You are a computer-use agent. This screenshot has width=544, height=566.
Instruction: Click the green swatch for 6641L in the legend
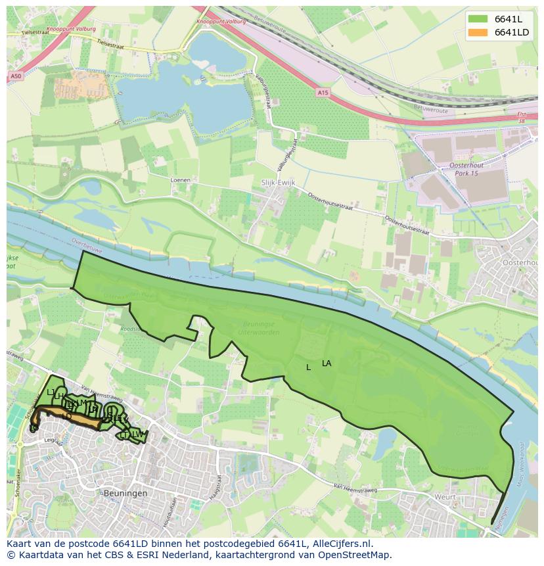(478, 19)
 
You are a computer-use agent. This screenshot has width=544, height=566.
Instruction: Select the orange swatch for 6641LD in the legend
(478, 32)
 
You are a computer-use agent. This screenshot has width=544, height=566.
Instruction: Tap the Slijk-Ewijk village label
(271, 184)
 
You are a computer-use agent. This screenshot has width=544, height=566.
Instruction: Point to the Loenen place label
(179, 179)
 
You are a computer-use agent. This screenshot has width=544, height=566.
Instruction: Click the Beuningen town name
(125, 492)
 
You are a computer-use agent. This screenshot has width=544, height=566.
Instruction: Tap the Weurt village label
(444, 498)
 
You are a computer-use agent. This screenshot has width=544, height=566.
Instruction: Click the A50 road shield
(16, 76)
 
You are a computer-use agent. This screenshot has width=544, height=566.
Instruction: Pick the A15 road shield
(323, 94)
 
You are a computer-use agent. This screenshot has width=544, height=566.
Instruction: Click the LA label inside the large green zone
(327, 364)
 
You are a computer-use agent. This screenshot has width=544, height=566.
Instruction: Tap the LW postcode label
(137, 434)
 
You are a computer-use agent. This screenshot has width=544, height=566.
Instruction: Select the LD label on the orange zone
(66, 416)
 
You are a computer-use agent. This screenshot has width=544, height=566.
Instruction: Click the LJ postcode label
(51, 392)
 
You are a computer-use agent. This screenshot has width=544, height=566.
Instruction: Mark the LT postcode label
(124, 435)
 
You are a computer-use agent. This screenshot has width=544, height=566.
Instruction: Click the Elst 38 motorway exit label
(522, 118)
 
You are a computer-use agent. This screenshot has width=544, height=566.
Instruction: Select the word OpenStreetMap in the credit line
(355, 555)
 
